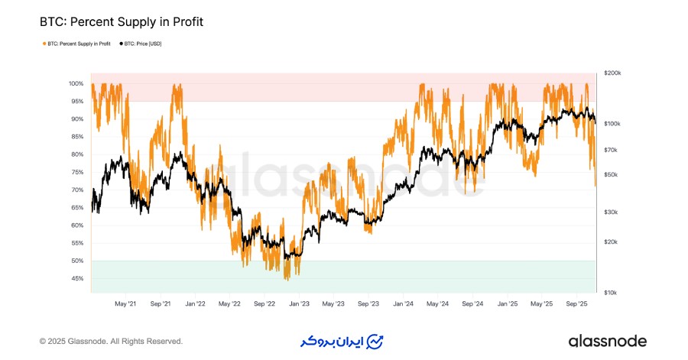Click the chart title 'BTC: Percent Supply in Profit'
coord(121,23)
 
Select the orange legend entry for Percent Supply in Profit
coord(76,44)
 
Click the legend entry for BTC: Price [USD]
coord(141,44)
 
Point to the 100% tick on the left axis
coord(76,83)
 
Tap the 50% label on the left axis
coord(78,261)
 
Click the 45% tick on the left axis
coord(78,278)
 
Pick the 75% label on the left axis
coord(78,172)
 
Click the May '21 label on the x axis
coord(125,303)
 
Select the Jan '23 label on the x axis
coord(298,303)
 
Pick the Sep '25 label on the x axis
coord(576,303)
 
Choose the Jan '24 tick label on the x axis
coord(403,303)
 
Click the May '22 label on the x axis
coord(229,303)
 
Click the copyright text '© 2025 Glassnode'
coord(111,342)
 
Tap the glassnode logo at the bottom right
coord(607,341)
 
